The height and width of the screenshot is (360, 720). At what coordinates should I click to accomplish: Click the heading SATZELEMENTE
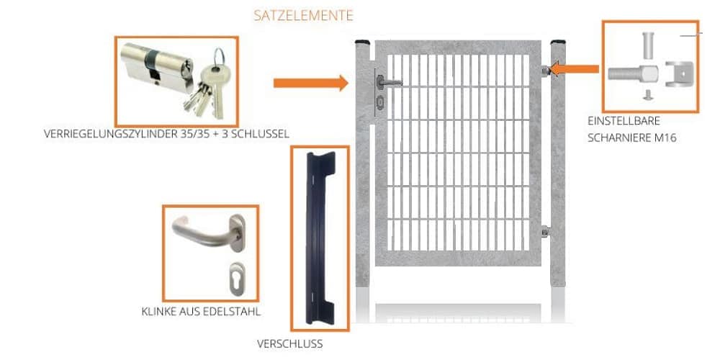click(x=303, y=15)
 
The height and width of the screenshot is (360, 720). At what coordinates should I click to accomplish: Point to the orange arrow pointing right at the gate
click(x=310, y=83)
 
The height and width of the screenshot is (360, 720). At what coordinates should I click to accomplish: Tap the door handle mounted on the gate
click(x=389, y=84)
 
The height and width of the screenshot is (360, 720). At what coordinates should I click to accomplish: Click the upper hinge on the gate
click(x=545, y=70)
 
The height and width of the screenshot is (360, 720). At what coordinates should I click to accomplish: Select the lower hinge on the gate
click(x=545, y=232)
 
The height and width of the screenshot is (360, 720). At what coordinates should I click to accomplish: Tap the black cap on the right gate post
click(x=559, y=44)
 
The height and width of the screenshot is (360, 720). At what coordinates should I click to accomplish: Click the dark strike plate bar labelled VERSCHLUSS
click(x=320, y=238)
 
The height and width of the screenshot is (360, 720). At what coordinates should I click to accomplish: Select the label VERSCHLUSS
click(x=290, y=344)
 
